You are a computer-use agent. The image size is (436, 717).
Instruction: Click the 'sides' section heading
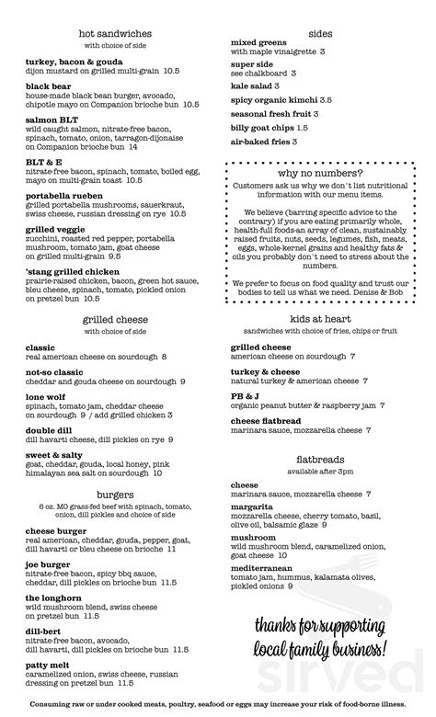320,31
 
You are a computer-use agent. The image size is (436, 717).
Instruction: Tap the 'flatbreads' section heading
320,457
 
